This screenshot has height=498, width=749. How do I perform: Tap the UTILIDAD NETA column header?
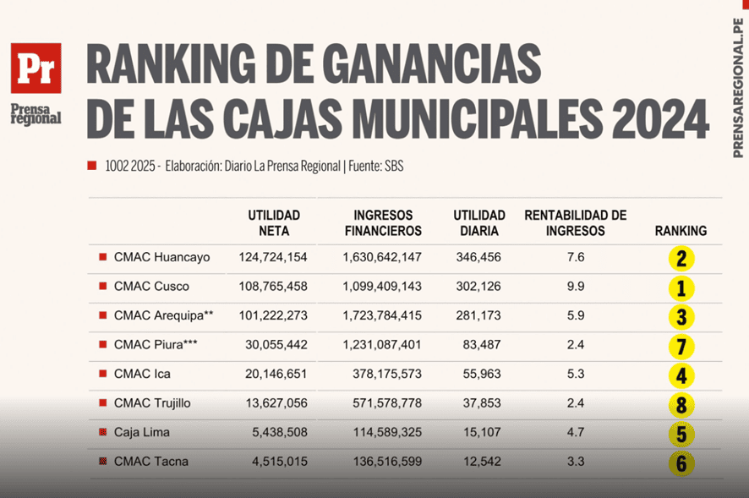(274, 222)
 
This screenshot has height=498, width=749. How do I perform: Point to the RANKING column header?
(681, 230)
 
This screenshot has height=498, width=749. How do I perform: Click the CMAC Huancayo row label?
(162, 257)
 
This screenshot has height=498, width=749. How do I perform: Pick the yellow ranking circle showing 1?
(681, 288)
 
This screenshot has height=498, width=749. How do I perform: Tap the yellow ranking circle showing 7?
(681, 346)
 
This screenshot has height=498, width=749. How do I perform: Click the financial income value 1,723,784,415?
(382, 315)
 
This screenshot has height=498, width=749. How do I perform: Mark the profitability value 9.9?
(576, 286)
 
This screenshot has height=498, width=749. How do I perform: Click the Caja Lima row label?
(142, 432)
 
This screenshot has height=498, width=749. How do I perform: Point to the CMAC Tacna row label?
(151, 461)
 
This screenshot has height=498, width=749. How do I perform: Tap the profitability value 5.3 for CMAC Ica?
(576, 374)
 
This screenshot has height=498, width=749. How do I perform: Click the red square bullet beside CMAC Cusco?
(103, 287)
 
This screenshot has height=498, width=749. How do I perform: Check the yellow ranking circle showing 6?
(681, 462)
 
